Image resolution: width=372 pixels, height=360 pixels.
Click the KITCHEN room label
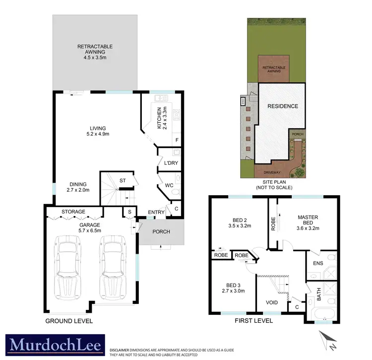coord(159,118)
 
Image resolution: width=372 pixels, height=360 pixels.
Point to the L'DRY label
coord(164,162)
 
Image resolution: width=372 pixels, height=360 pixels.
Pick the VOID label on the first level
coord(271,302)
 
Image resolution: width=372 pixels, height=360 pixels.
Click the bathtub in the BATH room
coord(323,314)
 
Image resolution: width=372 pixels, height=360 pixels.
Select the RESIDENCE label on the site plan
coord(283,106)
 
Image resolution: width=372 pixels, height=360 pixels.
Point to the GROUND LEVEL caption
coord(69,321)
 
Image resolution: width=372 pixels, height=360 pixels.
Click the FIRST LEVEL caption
coord(253,321)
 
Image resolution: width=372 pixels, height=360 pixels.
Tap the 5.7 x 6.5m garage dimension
coord(89,230)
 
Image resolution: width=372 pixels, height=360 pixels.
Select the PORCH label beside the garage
coord(161,231)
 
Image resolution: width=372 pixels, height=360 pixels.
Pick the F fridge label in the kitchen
coord(177,141)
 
